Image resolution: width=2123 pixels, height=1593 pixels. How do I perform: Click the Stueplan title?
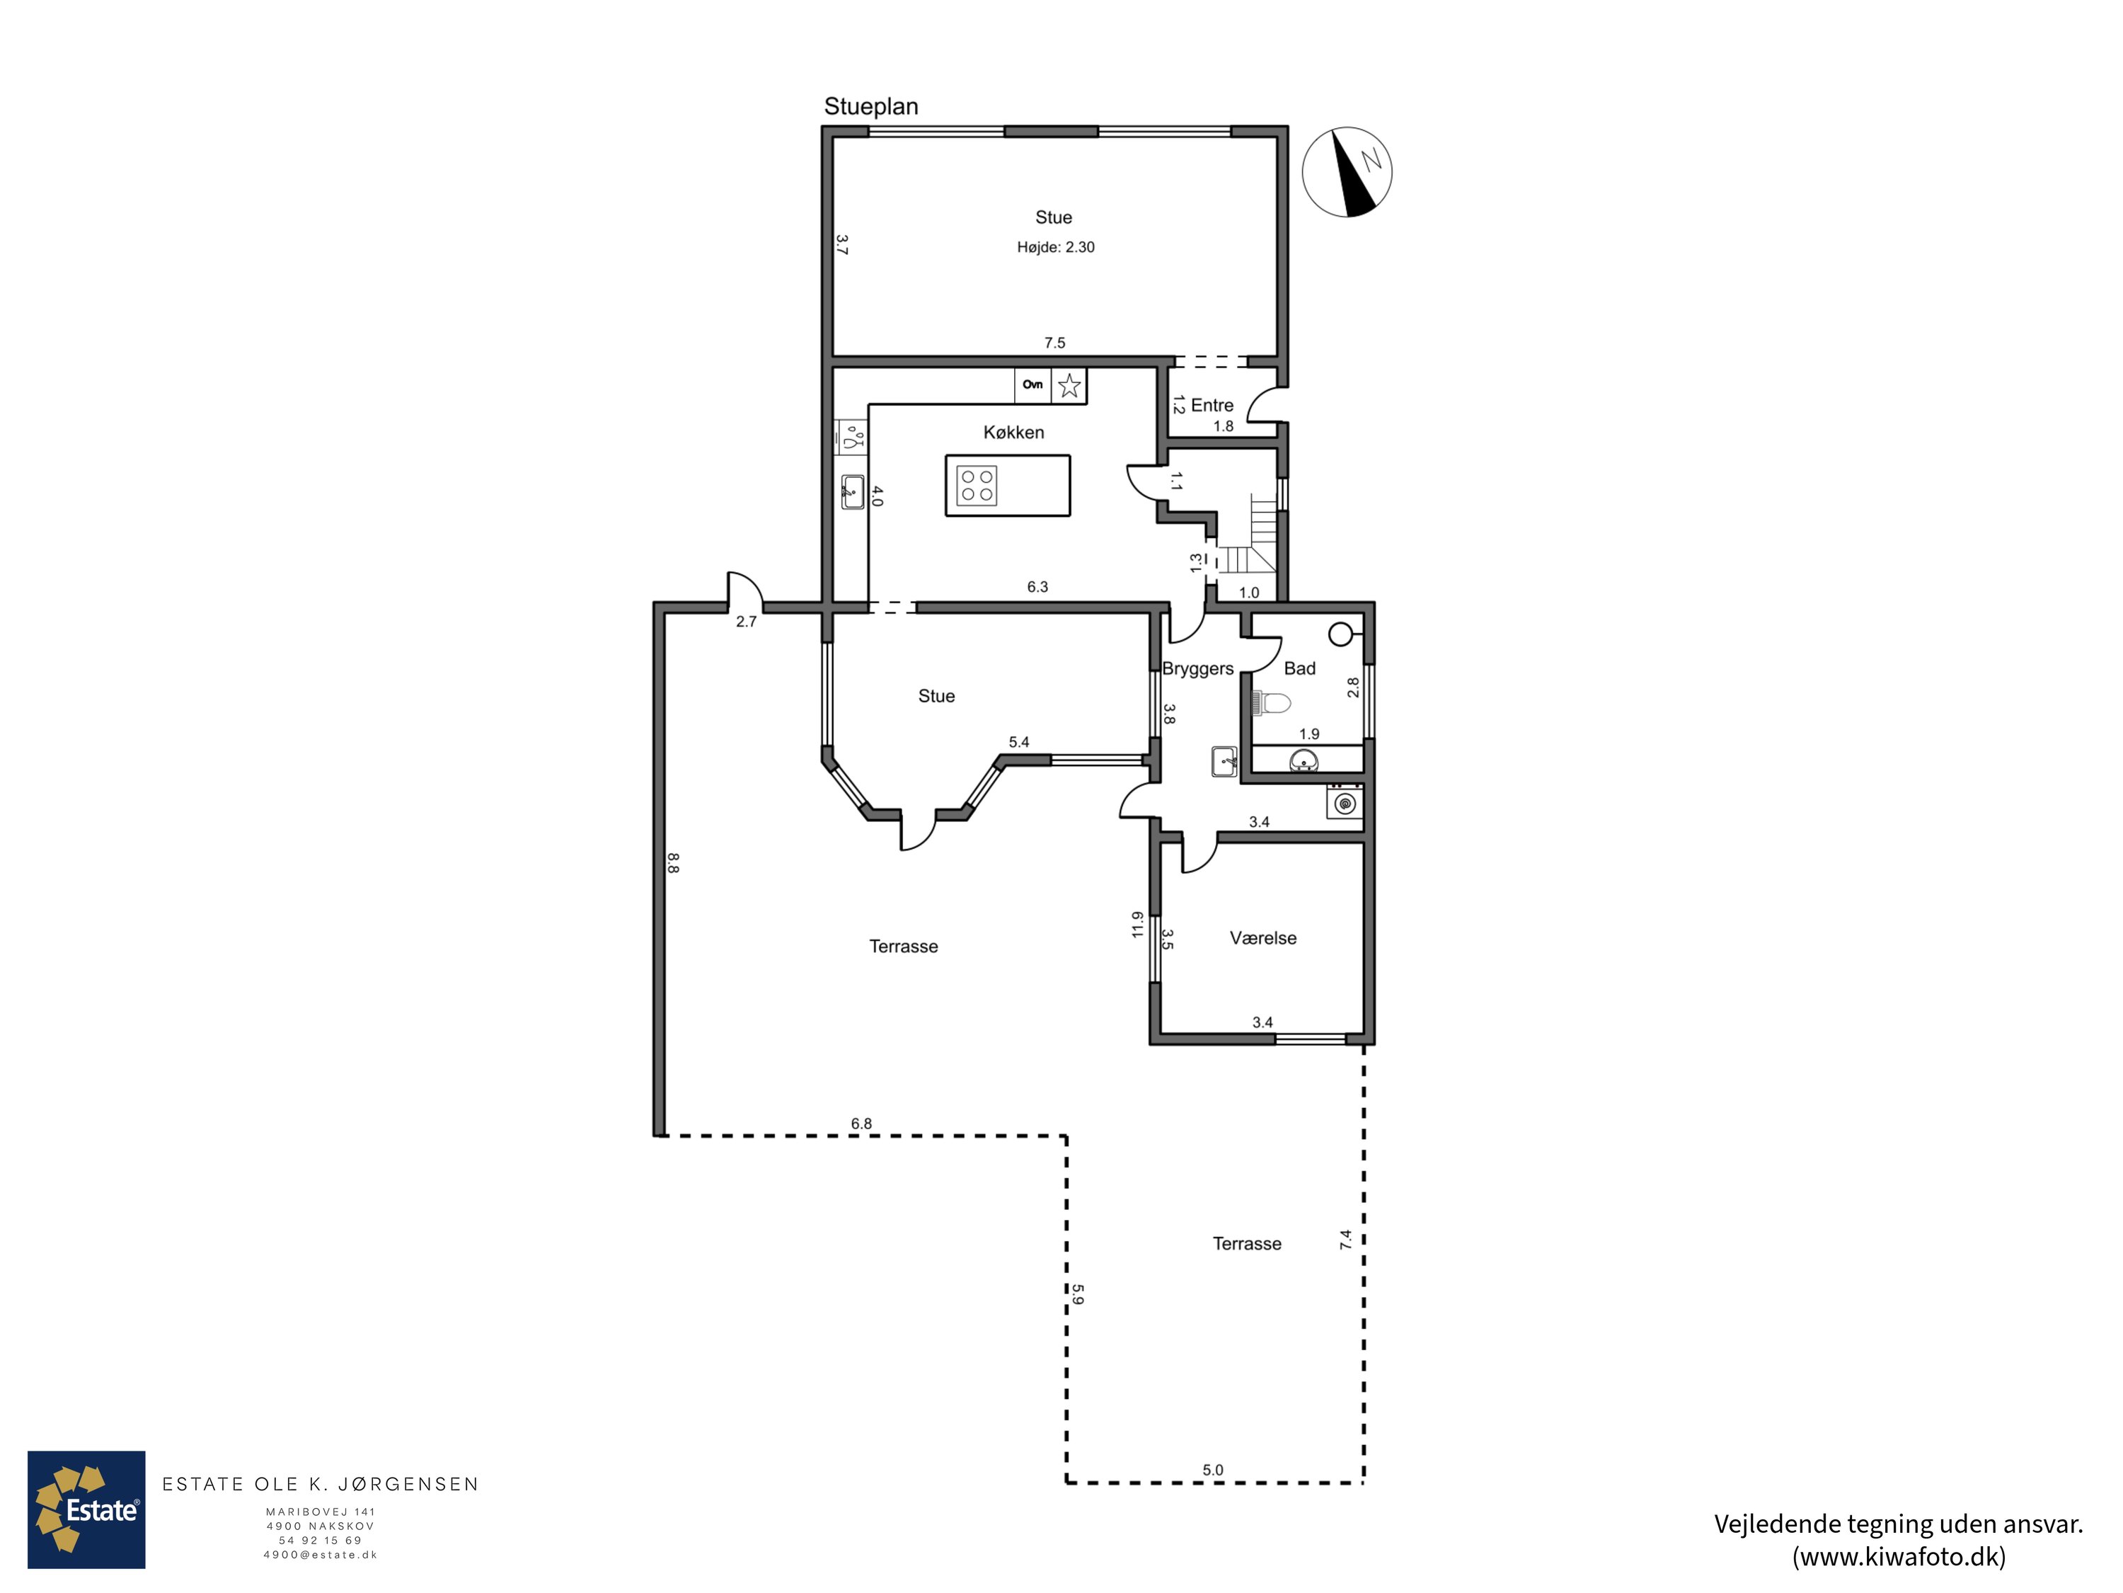870,107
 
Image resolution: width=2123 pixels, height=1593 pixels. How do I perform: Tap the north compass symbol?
1347,172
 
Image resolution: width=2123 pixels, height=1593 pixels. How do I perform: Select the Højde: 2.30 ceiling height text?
1056,247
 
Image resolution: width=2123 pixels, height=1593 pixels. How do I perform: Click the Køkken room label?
1013,432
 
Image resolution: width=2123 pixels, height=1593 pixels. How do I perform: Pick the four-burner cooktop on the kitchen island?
977,485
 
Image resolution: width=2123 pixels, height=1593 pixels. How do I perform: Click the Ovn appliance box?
1032,385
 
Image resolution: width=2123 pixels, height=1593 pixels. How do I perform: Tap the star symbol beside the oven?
1069,386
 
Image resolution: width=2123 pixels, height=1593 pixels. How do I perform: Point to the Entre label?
1212,405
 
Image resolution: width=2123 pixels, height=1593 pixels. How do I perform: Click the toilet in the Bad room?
1272,704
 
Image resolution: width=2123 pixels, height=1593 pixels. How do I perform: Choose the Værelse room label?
1263,938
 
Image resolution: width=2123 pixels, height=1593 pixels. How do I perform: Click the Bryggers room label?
1198,668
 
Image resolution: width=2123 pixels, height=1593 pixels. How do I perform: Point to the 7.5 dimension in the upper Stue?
1055,343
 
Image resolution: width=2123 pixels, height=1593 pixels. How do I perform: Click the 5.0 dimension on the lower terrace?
1213,1470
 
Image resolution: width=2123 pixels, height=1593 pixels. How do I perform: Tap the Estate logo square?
86,1509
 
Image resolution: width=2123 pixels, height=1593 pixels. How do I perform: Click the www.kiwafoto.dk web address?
1899,1556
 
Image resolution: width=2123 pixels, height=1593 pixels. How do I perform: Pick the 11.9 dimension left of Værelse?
1137,924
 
